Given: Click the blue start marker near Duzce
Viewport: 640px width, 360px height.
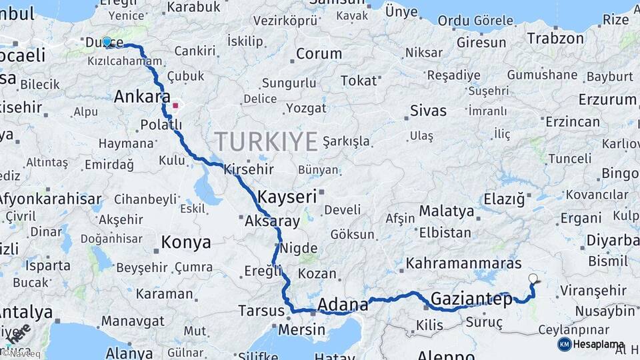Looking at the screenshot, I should coord(107,42).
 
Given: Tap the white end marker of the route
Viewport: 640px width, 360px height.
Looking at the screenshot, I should coord(533,279).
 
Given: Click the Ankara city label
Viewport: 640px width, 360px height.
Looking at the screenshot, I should coord(142,97).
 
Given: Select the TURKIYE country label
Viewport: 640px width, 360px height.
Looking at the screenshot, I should coord(266,142).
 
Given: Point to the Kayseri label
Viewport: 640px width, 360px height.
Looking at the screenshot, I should coord(287,197).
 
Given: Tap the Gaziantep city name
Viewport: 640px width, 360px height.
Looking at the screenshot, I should coord(471,299).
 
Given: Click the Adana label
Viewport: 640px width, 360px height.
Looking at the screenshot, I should coord(343,305).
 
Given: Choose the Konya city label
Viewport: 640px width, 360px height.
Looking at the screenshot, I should coord(186,243).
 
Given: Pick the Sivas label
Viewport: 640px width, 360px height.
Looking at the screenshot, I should coord(428,110).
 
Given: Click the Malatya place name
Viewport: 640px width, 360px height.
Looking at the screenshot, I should coord(446,212).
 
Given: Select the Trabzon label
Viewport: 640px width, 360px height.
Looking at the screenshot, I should coord(555,39).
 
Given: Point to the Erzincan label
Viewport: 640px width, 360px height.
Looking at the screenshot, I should coord(573,122).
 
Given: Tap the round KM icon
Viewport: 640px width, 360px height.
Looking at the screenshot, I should coord(565,344).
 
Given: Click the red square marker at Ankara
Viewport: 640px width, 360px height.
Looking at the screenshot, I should coord(175,105).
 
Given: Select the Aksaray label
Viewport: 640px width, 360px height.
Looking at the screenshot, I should coord(272,221).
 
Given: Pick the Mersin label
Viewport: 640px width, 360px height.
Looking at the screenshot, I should coord(301,329).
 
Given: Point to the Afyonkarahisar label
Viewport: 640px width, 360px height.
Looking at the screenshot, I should coord(50,199).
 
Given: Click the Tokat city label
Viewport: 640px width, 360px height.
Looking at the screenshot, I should coord(359,81).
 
